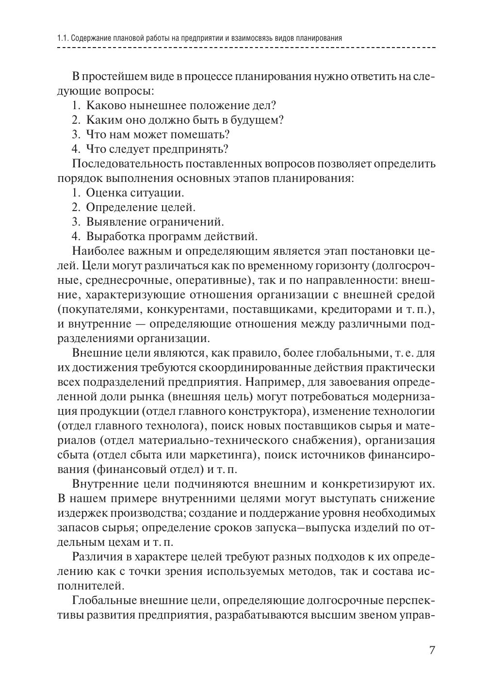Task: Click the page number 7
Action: click(432, 650)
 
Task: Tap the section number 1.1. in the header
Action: click(63, 38)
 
